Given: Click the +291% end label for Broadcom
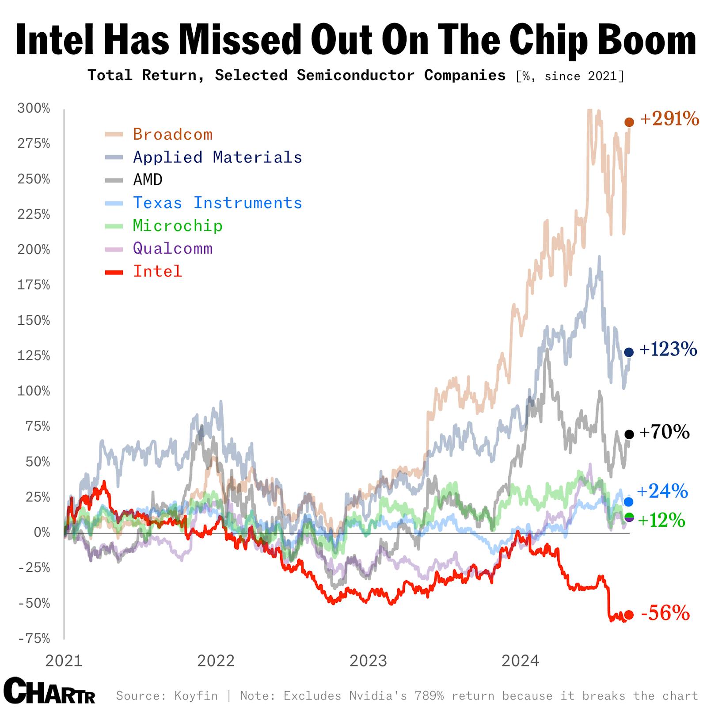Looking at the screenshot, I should (669, 119).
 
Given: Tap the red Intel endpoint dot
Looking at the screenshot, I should (629, 615).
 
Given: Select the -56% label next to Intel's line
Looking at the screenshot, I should (665, 614).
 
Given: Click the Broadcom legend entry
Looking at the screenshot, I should (172, 134).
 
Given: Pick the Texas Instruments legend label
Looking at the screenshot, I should (217, 203).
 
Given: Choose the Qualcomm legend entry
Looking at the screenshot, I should (172, 248).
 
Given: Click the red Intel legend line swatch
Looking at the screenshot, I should (114, 272).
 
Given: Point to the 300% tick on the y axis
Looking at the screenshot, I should (34, 108).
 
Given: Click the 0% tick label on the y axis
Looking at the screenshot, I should (42, 532).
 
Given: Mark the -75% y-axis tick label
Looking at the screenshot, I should (34, 639).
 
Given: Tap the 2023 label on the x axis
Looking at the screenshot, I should (368, 661).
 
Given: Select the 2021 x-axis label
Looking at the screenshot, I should (64, 661).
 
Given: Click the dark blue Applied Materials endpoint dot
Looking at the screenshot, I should (629, 352).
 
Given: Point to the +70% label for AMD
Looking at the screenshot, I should (664, 432).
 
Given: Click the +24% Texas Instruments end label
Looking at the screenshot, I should (662, 491).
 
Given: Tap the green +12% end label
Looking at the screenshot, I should (661, 521).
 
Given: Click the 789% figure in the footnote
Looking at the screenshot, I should (429, 696).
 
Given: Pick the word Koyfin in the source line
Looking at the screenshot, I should (196, 696).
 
